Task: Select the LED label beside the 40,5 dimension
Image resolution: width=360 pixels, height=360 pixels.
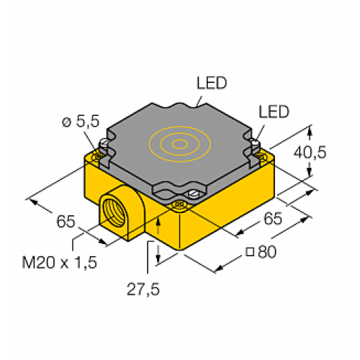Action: pyautogui.click(x=273, y=112)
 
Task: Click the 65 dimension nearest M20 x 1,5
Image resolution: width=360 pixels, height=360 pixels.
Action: pyautogui.click(x=67, y=222)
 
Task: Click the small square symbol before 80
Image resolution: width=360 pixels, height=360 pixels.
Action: pyautogui.click(x=249, y=251)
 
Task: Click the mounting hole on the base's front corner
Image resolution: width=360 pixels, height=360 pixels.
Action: pyautogui.click(x=179, y=207)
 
